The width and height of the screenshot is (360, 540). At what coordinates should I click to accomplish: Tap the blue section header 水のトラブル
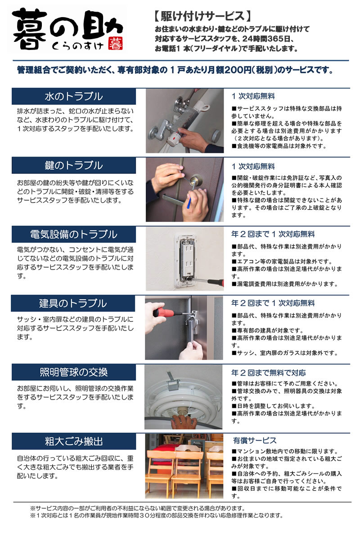point(74,96)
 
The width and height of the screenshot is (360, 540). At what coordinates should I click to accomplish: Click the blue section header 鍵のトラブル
point(74,166)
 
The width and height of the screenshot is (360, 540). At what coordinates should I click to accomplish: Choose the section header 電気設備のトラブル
point(74,234)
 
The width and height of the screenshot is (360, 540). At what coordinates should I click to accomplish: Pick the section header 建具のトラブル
point(73,303)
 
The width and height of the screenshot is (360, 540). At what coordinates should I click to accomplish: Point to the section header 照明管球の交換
point(74,372)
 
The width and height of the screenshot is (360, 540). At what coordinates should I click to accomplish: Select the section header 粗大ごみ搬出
point(74,441)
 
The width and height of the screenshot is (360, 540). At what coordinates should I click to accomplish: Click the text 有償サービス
point(255,441)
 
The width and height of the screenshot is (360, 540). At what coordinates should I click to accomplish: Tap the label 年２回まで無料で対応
point(268,373)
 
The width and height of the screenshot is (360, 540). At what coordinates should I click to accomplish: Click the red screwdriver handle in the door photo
point(164,312)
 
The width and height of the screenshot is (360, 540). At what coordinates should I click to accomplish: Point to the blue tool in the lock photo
point(189,202)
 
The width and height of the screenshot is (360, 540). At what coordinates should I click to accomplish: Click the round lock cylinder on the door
point(196,180)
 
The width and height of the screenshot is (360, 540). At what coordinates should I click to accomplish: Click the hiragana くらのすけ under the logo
point(78,46)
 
